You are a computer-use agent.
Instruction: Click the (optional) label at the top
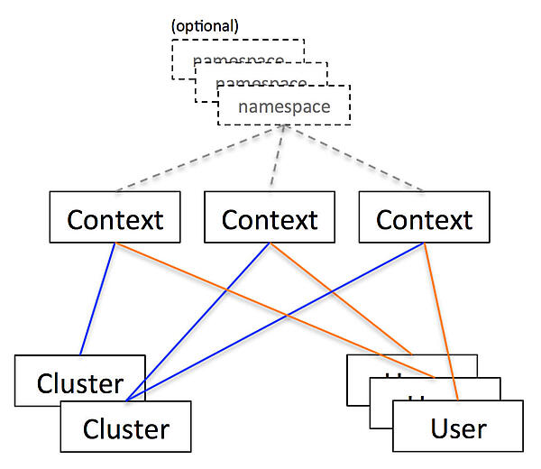coord(205,25)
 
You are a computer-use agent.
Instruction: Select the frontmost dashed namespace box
coord(283,107)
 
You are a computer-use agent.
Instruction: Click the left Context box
coord(115,218)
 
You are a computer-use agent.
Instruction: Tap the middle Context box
coord(270,218)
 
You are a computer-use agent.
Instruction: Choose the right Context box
coord(424,218)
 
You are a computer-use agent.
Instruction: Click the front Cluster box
coord(125,428)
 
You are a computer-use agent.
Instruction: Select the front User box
coord(458,427)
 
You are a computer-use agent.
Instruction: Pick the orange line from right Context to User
coord(439,316)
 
